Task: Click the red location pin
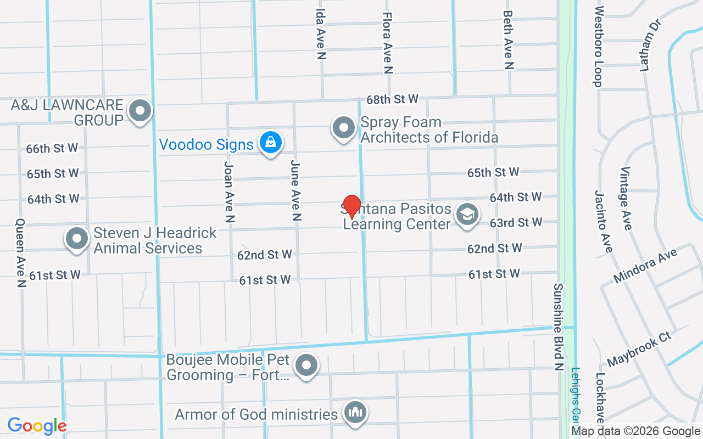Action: coord(351,206)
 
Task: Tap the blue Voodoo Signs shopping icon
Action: coord(270,143)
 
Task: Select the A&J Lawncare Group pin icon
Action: coord(140,111)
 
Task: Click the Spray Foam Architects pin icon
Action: coord(344,128)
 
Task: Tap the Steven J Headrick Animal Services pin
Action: coord(77,239)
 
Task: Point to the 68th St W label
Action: coord(393,99)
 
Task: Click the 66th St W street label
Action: coord(52,148)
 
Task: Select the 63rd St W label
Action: coord(516,223)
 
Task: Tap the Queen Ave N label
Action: coord(21,253)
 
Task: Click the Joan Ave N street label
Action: coord(230,191)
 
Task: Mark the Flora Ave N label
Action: coord(388,43)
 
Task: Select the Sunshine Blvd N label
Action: coord(559,327)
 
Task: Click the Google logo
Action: coord(37,426)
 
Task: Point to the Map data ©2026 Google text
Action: coord(635,431)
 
